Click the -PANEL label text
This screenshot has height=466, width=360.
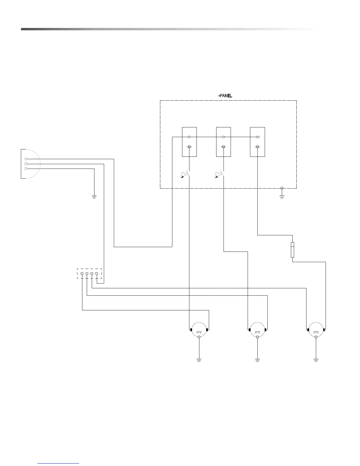(225, 96)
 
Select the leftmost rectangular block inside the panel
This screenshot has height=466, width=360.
(189, 142)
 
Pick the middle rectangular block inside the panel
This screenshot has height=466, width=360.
(223, 142)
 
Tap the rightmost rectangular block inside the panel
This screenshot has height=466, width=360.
(257, 142)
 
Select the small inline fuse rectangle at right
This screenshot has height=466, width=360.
(292, 249)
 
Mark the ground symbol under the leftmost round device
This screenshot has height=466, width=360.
(199, 360)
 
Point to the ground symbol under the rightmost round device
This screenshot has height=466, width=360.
(316, 360)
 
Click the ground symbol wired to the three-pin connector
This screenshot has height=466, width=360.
(94, 196)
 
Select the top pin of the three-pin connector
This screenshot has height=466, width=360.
(26, 159)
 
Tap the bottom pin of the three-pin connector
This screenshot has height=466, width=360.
(26, 169)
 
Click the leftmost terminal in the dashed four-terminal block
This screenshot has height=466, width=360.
(82, 274)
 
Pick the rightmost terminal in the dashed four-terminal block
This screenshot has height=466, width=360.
(97, 274)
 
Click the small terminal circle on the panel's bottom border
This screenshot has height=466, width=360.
(282, 188)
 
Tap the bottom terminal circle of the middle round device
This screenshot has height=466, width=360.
(257, 337)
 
